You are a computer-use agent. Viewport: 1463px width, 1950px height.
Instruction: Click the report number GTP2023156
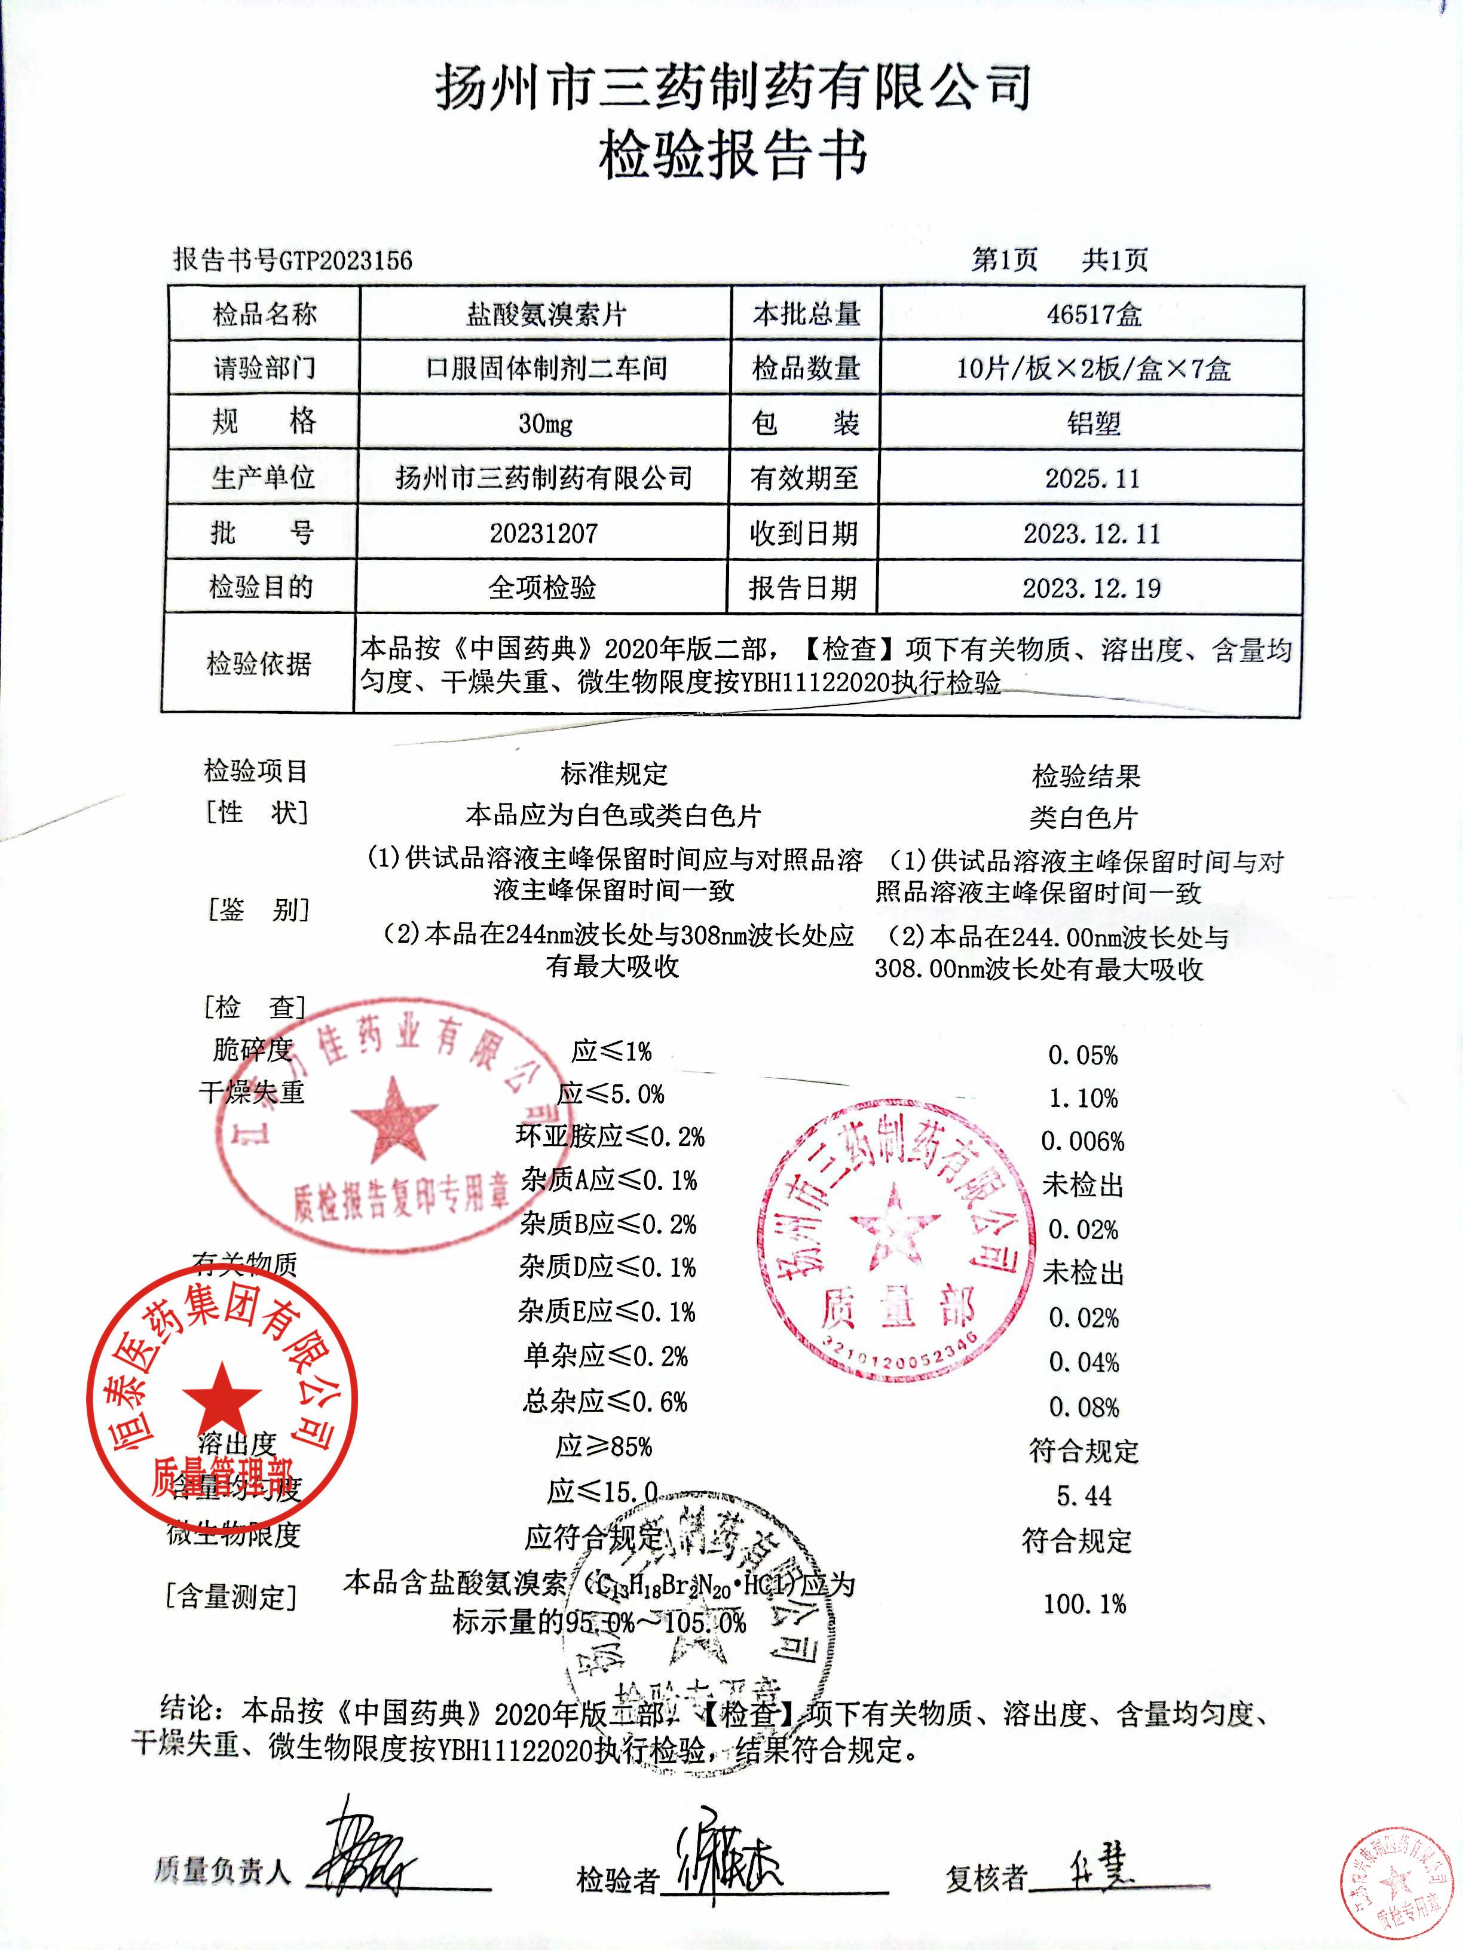[x=345, y=259]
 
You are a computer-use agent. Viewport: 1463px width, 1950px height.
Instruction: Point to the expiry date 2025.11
[x=1092, y=478]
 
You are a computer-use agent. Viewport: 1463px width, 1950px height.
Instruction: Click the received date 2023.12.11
[x=1092, y=534]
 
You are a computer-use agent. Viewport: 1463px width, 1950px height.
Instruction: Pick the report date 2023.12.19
[x=1092, y=588]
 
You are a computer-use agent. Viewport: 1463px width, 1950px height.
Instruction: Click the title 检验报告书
[x=732, y=156]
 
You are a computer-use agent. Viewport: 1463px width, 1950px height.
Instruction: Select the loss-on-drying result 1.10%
[x=1083, y=1099]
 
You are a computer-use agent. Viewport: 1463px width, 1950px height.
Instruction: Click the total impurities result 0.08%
[x=1084, y=1407]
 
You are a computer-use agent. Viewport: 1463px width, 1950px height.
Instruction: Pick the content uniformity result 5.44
[x=1084, y=1496]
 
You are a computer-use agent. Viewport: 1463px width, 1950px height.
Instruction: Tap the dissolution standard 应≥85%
[x=604, y=1448]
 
